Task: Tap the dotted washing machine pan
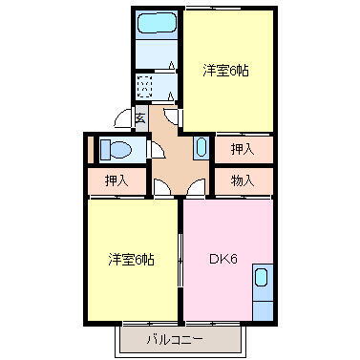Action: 146,87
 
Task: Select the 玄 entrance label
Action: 139,118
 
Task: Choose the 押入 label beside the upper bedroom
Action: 242,149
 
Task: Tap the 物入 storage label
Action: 242,180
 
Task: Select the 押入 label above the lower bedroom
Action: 117,180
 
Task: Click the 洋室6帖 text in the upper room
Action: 225,71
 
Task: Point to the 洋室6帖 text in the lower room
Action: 132,259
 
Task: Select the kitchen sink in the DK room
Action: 262,279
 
